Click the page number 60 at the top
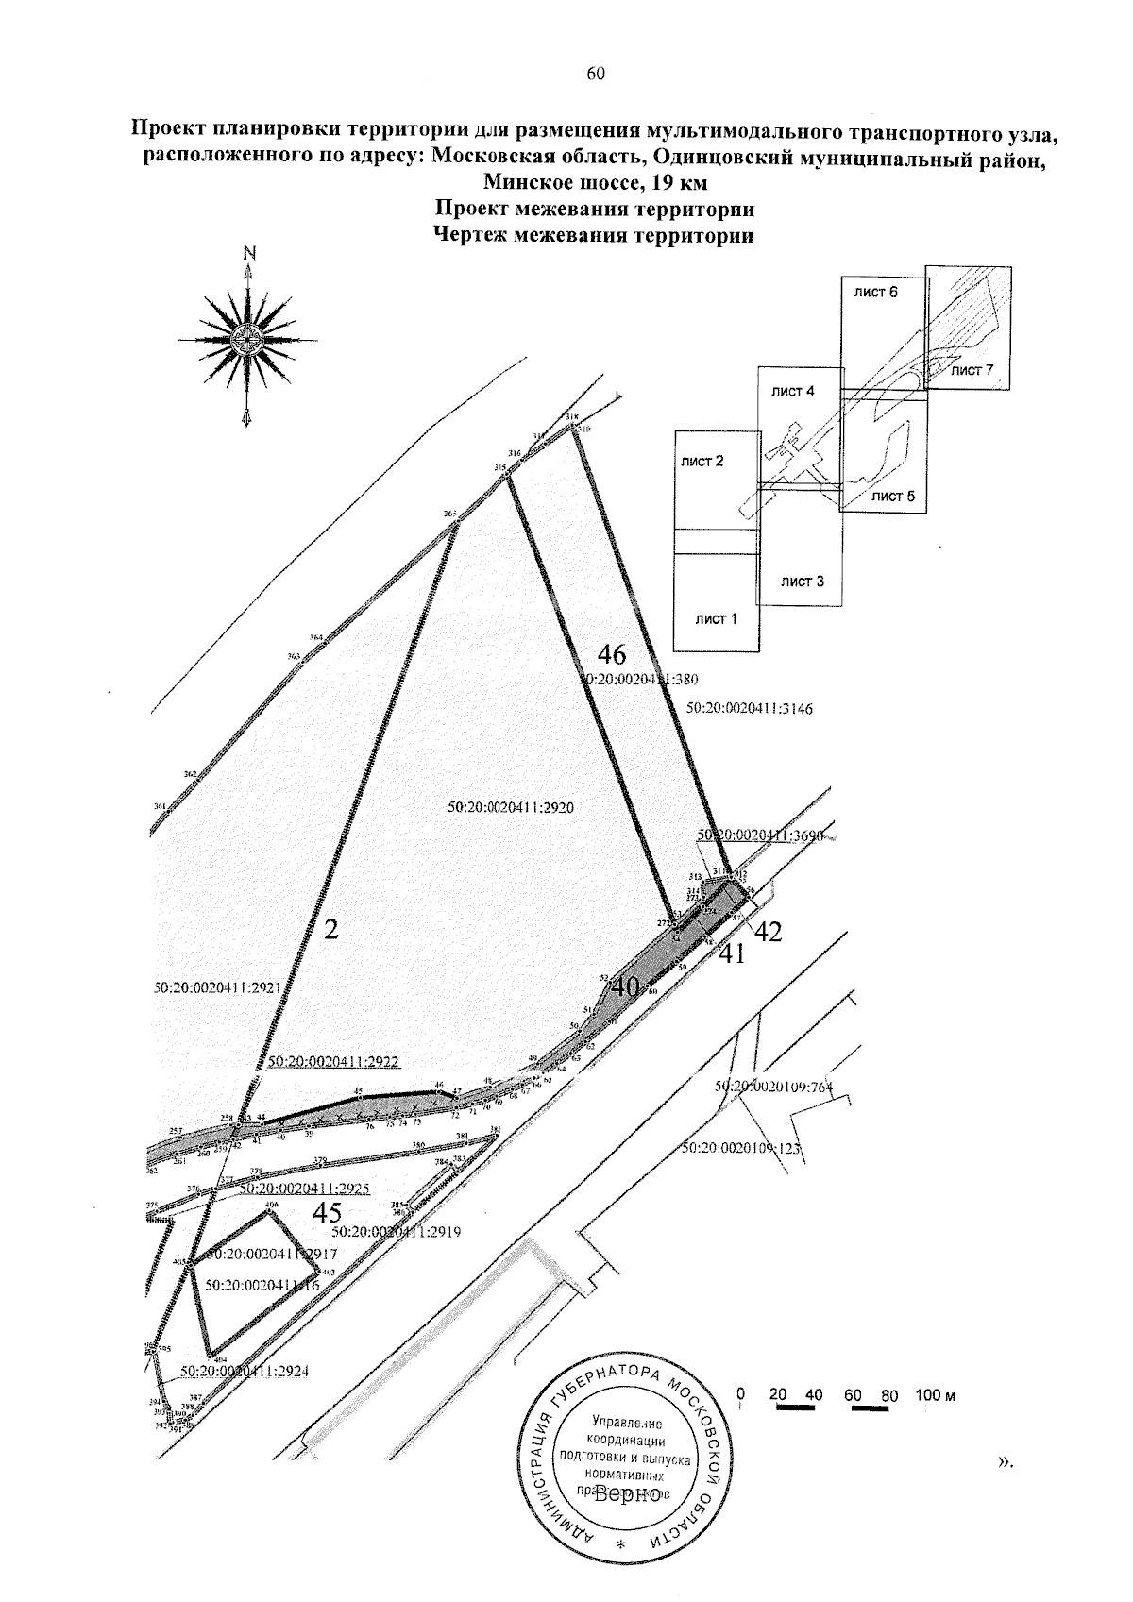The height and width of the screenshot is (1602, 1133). pos(595,76)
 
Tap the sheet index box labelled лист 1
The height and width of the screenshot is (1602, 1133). pos(716,619)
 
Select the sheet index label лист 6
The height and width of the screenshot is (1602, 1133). pos(875,292)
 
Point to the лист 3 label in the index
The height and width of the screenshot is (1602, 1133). pos(803,582)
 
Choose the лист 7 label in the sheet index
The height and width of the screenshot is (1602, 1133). pos(972,370)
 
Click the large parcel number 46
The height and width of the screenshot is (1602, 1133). pos(612,655)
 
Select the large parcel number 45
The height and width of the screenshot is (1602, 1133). pos(327,1212)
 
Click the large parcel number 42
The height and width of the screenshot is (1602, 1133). pos(769,932)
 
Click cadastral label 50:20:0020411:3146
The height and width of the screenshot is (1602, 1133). pos(750,707)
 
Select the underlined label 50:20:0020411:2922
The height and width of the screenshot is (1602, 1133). pos(334,1062)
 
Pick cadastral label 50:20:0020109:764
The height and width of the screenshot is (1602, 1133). pos(774,1087)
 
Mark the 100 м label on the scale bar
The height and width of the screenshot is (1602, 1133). pos(936,1395)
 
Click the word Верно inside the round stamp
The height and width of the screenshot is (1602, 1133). pos(628,1494)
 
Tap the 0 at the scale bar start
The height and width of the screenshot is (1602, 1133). pos(740,1394)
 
